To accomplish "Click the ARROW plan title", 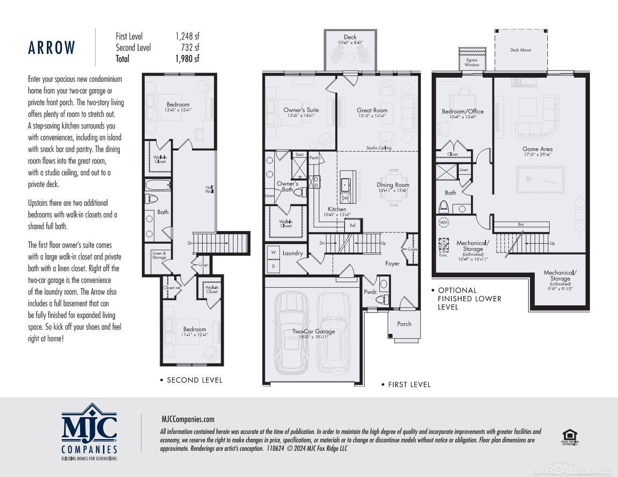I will pyautogui.click(x=51, y=48).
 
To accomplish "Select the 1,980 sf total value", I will pyautogui.click(x=187, y=58).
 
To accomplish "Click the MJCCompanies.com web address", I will pyautogui.click(x=188, y=419).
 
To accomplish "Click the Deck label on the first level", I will pyautogui.click(x=350, y=37).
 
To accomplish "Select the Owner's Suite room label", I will pyautogui.click(x=301, y=110).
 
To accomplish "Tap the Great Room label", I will pyautogui.click(x=372, y=110).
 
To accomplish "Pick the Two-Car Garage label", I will pyautogui.click(x=314, y=332).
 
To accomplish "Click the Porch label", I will pyautogui.click(x=404, y=324).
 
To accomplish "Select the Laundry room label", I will pyautogui.click(x=293, y=253).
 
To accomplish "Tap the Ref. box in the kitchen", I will pyautogui.click(x=353, y=225).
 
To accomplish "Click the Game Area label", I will pyautogui.click(x=537, y=149).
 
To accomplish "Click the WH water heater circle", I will pyautogui.click(x=443, y=223).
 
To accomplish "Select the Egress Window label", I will pyautogui.click(x=471, y=62).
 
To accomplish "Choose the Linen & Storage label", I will pyautogui.click(x=159, y=255).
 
